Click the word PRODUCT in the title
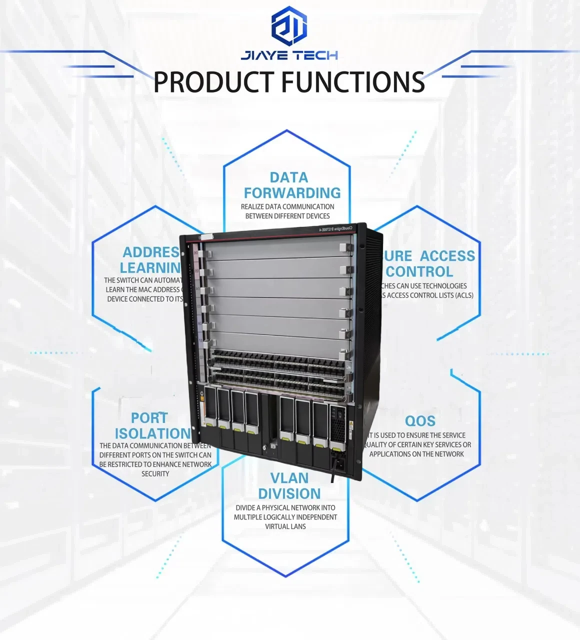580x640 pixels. [213, 82]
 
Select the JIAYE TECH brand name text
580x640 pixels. [289, 55]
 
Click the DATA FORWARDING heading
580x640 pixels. [292, 185]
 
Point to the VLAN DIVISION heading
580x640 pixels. [289, 485]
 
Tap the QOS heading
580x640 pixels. [420, 421]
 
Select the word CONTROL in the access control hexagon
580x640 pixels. [419, 271]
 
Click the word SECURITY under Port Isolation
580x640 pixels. [155, 473]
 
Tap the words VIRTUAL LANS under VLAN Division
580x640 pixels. [285, 526]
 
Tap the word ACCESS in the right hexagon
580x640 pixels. [447, 256]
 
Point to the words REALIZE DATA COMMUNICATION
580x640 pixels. [287, 206]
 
